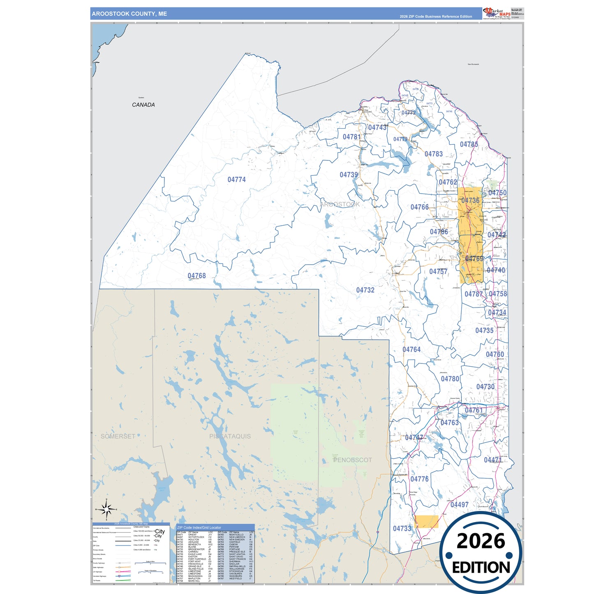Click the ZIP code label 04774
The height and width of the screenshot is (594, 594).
click(x=236, y=180)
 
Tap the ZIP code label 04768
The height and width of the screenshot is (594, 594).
click(x=196, y=276)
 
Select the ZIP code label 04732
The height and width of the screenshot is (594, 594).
click(x=365, y=290)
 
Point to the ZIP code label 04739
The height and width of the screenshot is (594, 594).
click(x=349, y=175)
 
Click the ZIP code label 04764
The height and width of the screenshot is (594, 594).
click(x=411, y=350)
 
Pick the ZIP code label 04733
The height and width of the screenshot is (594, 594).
click(x=402, y=529)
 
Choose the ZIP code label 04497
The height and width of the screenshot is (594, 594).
click(x=459, y=505)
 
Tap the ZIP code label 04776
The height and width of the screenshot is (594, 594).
click(x=419, y=479)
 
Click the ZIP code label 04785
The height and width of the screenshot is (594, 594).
click(x=469, y=145)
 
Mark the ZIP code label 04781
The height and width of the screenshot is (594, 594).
click(x=351, y=137)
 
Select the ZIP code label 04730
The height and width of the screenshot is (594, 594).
click(x=485, y=387)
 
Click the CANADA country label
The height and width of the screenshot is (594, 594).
click(x=143, y=105)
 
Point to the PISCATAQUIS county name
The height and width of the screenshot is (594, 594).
click(x=230, y=437)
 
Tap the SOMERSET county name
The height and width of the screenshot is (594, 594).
click(x=118, y=437)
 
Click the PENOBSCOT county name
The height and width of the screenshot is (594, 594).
click(x=352, y=460)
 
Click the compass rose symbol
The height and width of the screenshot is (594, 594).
click(x=106, y=510)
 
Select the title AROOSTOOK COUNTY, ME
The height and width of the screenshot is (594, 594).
click(x=129, y=14)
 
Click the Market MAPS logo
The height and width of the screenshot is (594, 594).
click(x=497, y=13)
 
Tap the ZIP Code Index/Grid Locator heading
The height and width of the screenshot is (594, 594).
click(x=199, y=527)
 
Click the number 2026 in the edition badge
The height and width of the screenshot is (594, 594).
click(x=481, y=541)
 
